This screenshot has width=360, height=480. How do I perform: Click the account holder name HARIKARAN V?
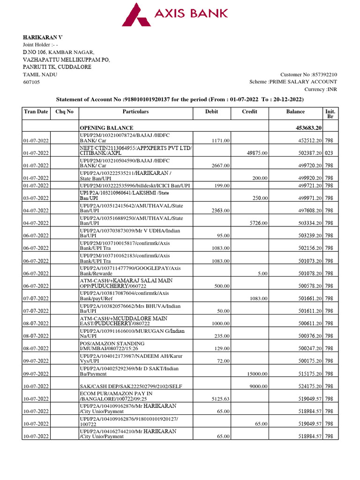[x=43, y=37]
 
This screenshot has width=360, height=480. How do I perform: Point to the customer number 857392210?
[x=321, y=75]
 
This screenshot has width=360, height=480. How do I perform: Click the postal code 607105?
[x=32, y=82]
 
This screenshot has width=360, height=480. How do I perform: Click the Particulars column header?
[x=135, y=112]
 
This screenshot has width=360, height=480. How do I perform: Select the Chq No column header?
[x=65, y=112]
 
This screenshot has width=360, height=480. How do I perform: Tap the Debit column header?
[x=211, y=112]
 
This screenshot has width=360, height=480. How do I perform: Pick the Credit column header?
[x=249, y=112]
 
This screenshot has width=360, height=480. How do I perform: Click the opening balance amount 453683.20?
[x=306, y=128]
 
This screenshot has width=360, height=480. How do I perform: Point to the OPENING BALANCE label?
[x=106, y=128]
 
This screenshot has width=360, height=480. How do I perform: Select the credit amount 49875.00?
[x=257, y=153]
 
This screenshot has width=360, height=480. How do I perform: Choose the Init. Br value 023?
[x=329, y=153]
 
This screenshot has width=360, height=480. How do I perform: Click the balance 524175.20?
[x=306, y=386]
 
